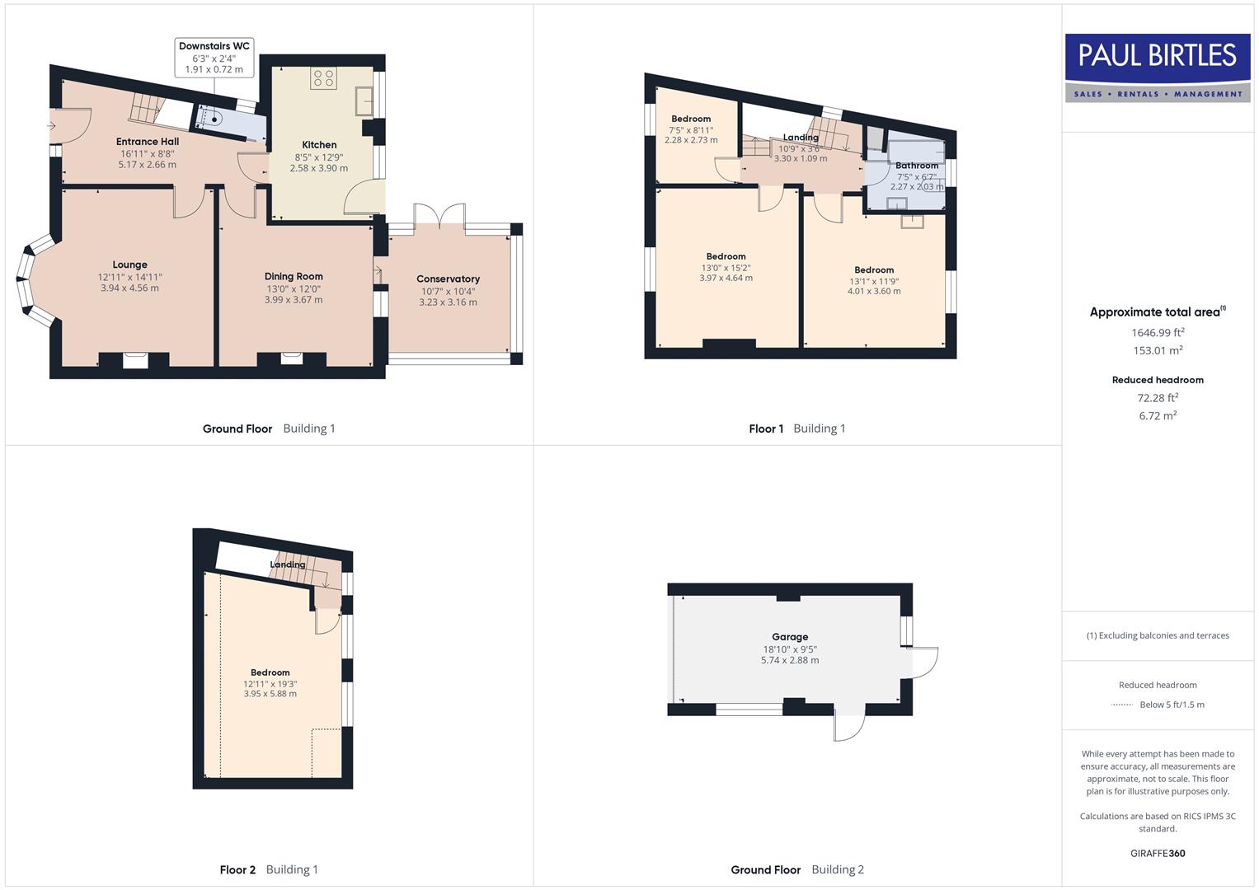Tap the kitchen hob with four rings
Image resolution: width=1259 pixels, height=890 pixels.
coord(322,78)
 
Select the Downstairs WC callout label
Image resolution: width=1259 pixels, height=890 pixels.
coord(214,58)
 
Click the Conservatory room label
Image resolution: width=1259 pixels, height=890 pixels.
coord(448,279)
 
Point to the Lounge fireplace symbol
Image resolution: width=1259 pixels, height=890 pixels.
coord(134,359)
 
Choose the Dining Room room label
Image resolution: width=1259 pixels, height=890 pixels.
coord(294,277)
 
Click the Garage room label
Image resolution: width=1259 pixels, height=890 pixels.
coord(790,637)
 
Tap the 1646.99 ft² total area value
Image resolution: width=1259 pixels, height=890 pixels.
coord(1158,333)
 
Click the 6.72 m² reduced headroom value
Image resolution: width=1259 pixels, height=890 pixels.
coord(1158,415)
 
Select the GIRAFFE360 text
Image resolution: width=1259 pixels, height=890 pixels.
coord(1158,853)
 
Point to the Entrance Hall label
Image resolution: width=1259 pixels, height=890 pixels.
coord(148,142)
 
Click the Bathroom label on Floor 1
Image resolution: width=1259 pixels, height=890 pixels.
coord(917,166)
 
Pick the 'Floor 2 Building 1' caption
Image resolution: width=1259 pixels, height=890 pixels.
coord(269,869)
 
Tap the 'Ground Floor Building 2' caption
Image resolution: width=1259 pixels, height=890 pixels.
coord(797,869)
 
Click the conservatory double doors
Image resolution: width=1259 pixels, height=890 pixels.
coord(440,216)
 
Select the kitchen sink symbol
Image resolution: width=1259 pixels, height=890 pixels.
coord(364,101)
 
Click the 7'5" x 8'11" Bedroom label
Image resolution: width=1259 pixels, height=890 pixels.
coord(691,119)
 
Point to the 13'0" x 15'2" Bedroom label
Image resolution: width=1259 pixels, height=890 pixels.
coord(726,256)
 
